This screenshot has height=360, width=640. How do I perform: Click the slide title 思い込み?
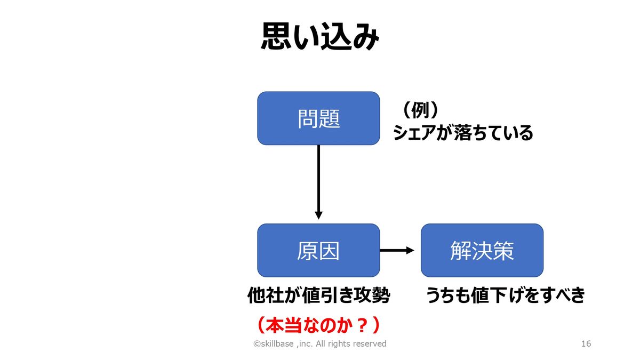[x=320, y=37]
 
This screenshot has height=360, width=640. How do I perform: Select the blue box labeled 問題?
[x=318, y=118]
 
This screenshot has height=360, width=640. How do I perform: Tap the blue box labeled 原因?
[x=318, y=250]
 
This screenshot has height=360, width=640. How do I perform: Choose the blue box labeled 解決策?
[x=482, y=250]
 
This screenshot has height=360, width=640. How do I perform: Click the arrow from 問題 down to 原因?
[x=318, y=182]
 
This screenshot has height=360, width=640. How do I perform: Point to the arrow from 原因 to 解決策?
[x=397, y=250]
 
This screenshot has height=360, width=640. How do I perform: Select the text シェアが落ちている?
[x=463, y=133]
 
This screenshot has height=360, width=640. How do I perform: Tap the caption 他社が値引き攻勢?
[x=318, y=295]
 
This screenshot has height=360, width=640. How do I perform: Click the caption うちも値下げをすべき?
[x=505, y=295]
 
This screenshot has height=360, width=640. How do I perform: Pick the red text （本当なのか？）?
[x=318, y=325]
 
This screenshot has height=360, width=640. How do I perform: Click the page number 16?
[x=586, y=343]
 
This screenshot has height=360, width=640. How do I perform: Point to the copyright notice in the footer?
[x=320, y=343]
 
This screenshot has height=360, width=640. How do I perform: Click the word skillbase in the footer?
[x=277, y=343]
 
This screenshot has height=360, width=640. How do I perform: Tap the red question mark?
[x=362, y=325]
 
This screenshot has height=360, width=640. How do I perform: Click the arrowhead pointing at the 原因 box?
[x=318, y=215]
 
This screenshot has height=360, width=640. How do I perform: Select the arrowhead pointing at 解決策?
[x=410, y=250]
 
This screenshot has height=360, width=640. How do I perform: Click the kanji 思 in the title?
[x=275, y=37]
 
